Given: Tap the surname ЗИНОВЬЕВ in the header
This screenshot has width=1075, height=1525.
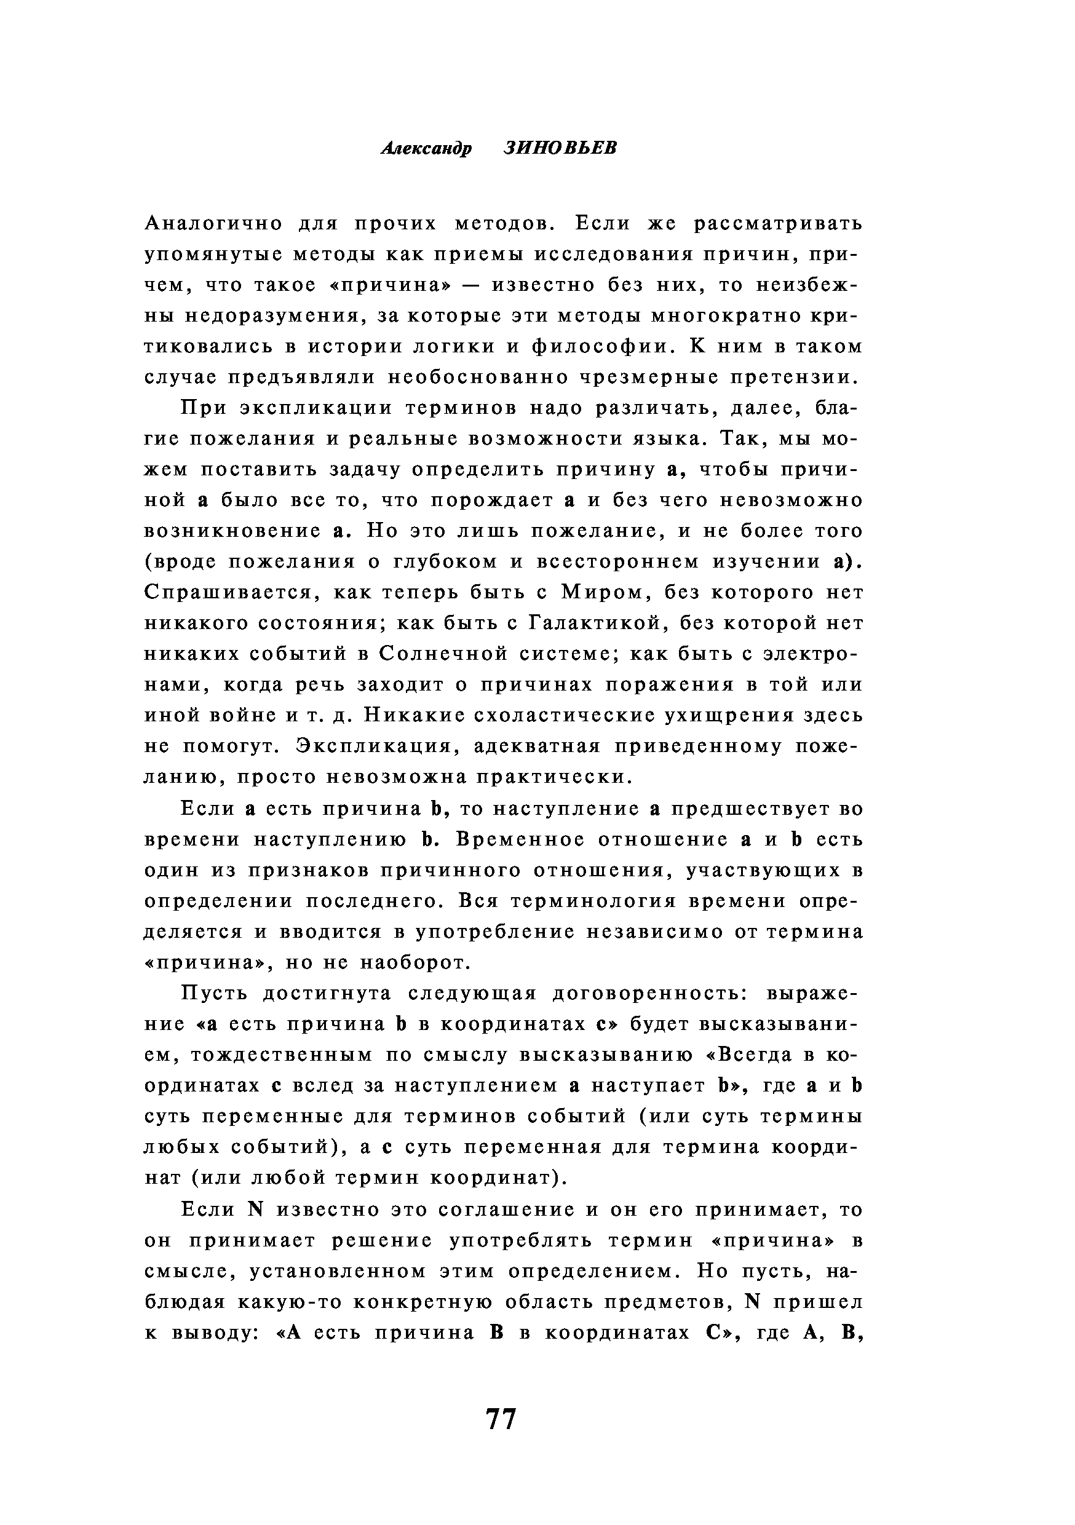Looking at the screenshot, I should [x=560, y=148].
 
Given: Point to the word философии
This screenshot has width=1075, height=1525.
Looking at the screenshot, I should [x=598, y=347].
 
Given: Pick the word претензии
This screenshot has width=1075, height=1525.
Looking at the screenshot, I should [x=790, y=378].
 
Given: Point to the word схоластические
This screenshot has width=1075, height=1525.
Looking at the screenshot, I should [x=568, y=715].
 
